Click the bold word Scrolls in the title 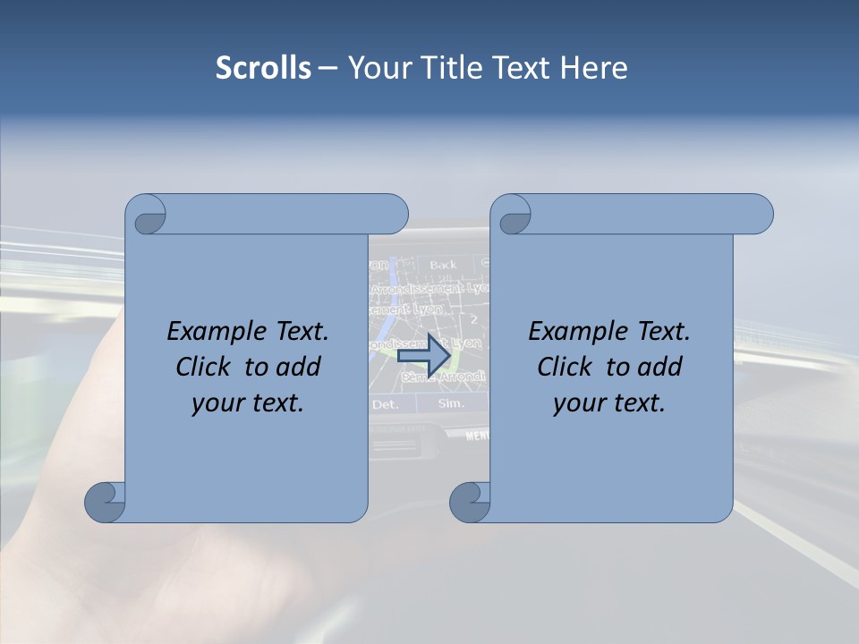(x=263, y=68)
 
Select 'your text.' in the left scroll (x=248, y=402)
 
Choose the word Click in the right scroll (x=564, y=367)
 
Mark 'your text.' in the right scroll (x=609, y=402)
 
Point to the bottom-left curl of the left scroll (x=106, y=502)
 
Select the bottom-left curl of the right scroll (x=471, y=502)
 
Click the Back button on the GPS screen (x=443, y=265)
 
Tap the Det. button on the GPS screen (x=385, y=404)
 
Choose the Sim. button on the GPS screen (x=451, y=404)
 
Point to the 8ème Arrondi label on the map (x=444, y=378)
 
